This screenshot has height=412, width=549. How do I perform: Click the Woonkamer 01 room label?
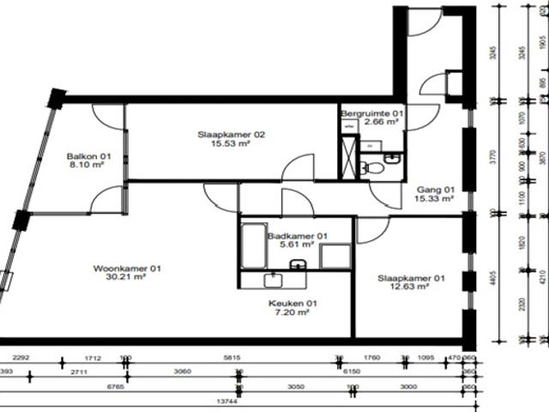(127, 269)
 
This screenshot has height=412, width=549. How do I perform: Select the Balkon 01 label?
(85, 156)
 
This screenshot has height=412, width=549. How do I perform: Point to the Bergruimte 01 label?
(371, 113)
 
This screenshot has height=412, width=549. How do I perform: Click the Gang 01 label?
(434, 189)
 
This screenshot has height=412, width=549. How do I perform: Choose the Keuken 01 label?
(292, 303)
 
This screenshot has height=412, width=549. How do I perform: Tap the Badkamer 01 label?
(297, 235)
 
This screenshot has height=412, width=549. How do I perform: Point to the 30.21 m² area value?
(127, 278)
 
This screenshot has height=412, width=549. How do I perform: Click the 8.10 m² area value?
(85, 166)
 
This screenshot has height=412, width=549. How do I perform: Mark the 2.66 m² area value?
(381, 122)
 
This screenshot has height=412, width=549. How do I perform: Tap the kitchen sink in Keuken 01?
(274, 279)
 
